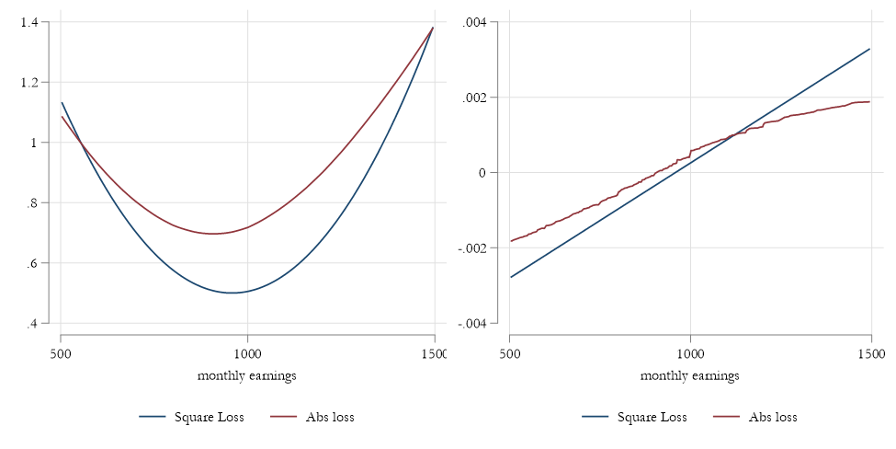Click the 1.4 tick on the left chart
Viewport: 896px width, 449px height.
[37, 22]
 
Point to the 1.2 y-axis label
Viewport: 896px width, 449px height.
[37, 83]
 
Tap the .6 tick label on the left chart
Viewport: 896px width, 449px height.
[40, 263]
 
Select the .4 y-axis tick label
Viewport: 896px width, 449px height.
[40, 324]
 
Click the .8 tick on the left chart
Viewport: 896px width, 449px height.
[40, 203]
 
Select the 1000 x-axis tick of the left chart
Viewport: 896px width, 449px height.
[247, 352]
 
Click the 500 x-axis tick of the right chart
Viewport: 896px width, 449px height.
[510, 352]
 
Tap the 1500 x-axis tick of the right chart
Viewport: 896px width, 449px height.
[870, 352]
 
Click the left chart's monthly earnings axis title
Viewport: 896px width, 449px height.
[247, 375]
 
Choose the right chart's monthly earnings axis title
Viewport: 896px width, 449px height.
[690, 375]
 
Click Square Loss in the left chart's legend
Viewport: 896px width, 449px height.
[210, 417]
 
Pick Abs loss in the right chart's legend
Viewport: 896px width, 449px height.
[772, 417]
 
